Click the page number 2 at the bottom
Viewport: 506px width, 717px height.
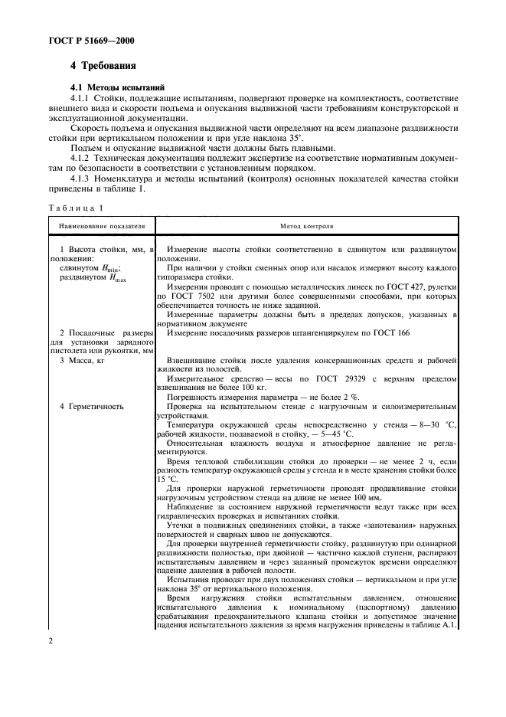tap(50, 663)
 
